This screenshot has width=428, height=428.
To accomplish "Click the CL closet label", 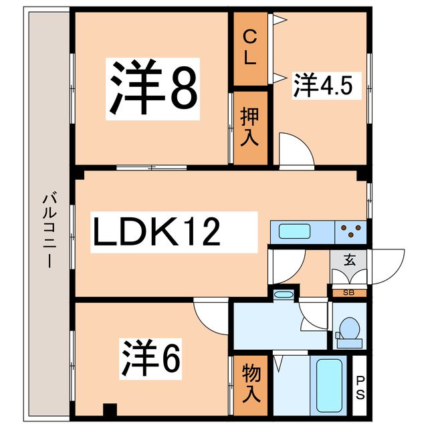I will [249, 47].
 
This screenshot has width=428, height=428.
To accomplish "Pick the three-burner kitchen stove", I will [352, 232].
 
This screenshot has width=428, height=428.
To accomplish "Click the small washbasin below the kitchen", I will [284, 294].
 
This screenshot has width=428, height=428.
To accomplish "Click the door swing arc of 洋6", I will [211, 314].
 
